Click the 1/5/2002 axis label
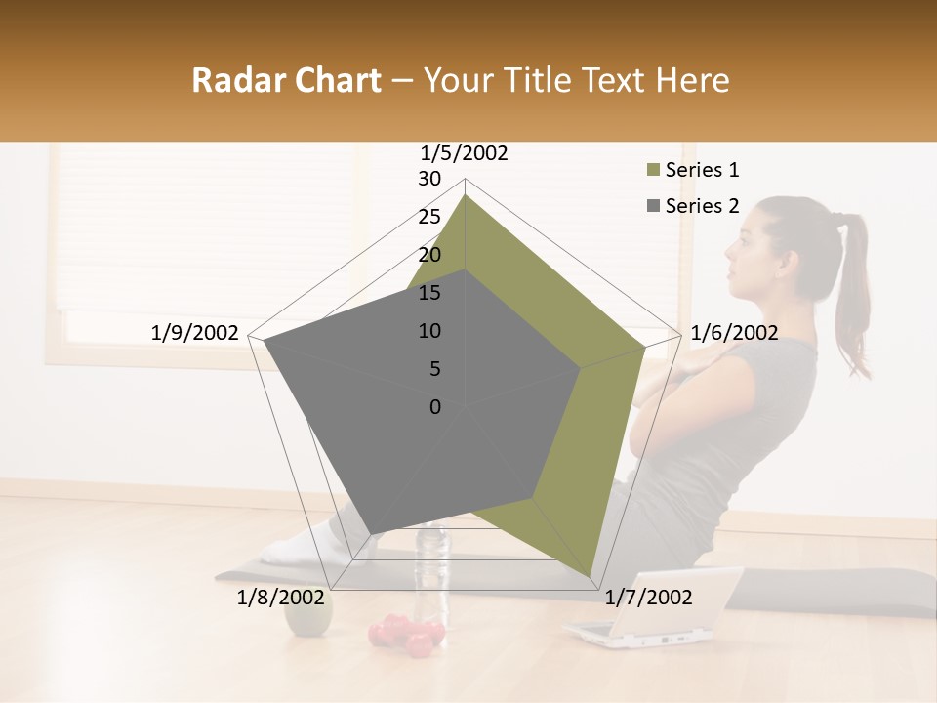point(465,153)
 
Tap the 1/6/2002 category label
point(734,333)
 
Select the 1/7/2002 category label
point(648,598)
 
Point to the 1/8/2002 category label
point(280,598)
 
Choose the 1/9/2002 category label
point(194,333)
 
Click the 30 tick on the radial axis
point(429,179)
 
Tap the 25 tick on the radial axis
point(429,217)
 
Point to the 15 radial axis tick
point(429,293)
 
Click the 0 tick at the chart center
point(435,407)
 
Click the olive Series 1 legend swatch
point(653,171)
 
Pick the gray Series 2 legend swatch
point(653,206)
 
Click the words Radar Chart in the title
point(286,80)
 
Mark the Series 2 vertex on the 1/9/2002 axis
point(264,341)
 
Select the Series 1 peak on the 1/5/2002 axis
point(466,195)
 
